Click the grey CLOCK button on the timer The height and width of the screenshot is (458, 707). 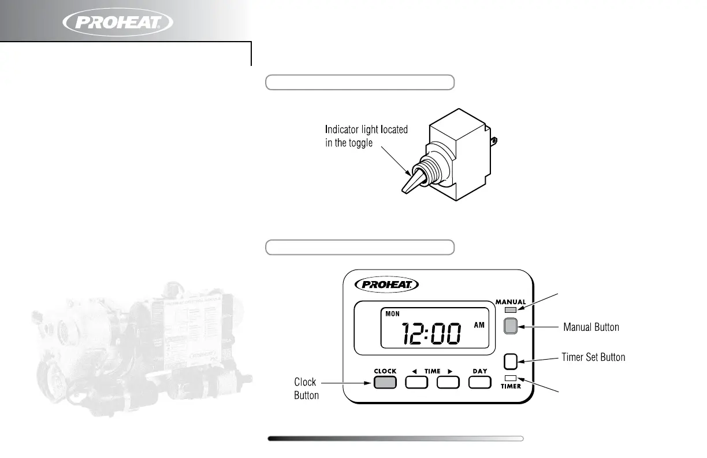[385, 382]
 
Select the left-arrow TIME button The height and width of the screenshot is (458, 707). [416, 382]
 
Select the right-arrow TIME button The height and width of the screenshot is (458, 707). [448, 382]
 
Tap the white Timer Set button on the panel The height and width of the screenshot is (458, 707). [510, 361]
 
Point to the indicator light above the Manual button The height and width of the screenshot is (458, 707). [510, 311]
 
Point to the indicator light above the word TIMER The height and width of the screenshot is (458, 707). [510, 378]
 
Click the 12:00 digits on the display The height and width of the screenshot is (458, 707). [433, 334]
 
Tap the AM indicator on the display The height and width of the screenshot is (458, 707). [479, 325]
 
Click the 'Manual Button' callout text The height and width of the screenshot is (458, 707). [591, 327]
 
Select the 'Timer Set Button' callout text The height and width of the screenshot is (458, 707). [593, 357]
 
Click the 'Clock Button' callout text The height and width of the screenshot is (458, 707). [306, 389]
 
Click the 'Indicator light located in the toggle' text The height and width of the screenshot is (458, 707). [366, 136]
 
